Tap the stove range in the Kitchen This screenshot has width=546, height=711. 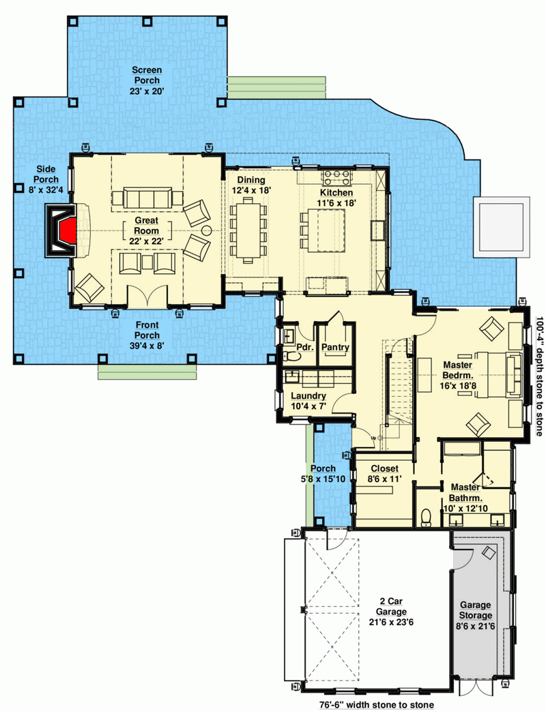336,179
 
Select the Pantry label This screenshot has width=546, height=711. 335,348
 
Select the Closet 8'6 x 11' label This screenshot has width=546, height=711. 384,474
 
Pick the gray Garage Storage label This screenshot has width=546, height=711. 477,616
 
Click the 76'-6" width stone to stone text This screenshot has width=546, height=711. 375,704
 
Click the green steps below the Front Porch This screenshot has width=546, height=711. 147,372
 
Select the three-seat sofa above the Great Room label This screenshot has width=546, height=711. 147,198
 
